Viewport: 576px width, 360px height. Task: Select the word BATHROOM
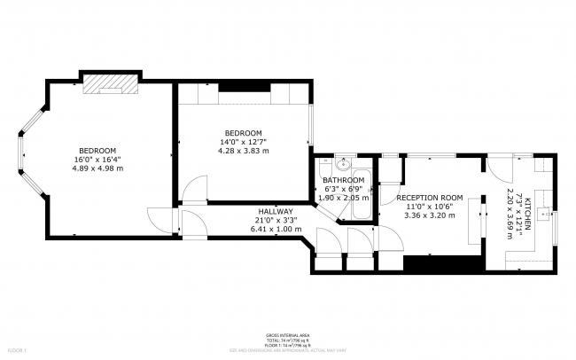tap(343, 180)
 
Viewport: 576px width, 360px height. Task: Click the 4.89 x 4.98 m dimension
tap(97, 168)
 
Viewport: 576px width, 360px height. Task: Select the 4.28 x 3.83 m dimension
tap(244, 151)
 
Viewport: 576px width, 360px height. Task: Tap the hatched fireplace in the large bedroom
tap(112, 82)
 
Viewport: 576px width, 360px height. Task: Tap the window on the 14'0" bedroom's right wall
tap(310, 124)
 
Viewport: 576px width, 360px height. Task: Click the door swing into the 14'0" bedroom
tap(193, 189)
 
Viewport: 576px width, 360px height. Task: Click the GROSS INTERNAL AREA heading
tap(287, 336)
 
